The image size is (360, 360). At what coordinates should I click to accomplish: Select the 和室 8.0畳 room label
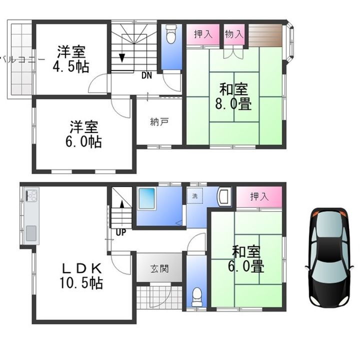(x=234, y=97)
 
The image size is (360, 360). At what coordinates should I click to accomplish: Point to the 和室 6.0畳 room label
(x=247, y=259)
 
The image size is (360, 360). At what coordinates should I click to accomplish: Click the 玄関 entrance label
(x=159, y=268)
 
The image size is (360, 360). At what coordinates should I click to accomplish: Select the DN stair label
(x=146, y=76)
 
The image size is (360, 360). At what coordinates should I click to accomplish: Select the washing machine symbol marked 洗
(x=194, y=196)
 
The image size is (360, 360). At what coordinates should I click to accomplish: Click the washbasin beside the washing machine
(x=223, y=196)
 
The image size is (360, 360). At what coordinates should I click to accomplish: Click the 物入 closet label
(x=234, y=34)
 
